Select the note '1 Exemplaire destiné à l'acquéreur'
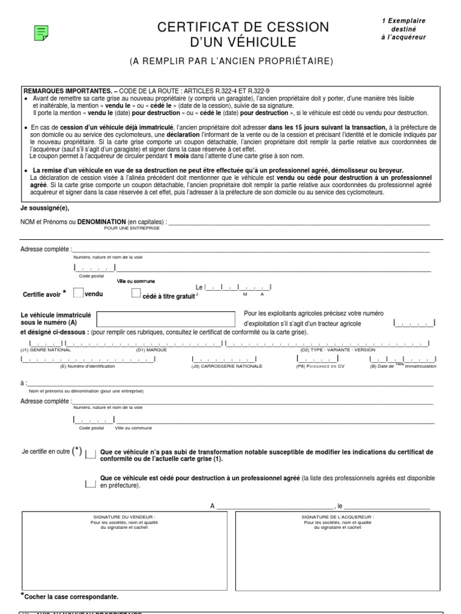pos(403,29)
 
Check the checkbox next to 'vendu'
pos(78,293)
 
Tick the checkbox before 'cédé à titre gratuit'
pos(136,293)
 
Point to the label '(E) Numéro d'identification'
pos(88,366)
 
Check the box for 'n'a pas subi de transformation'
pos(90,454)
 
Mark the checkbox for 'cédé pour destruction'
pos(90,481)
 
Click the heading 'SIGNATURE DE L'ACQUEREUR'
pos(337,516)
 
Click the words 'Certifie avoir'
pos(41,294)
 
